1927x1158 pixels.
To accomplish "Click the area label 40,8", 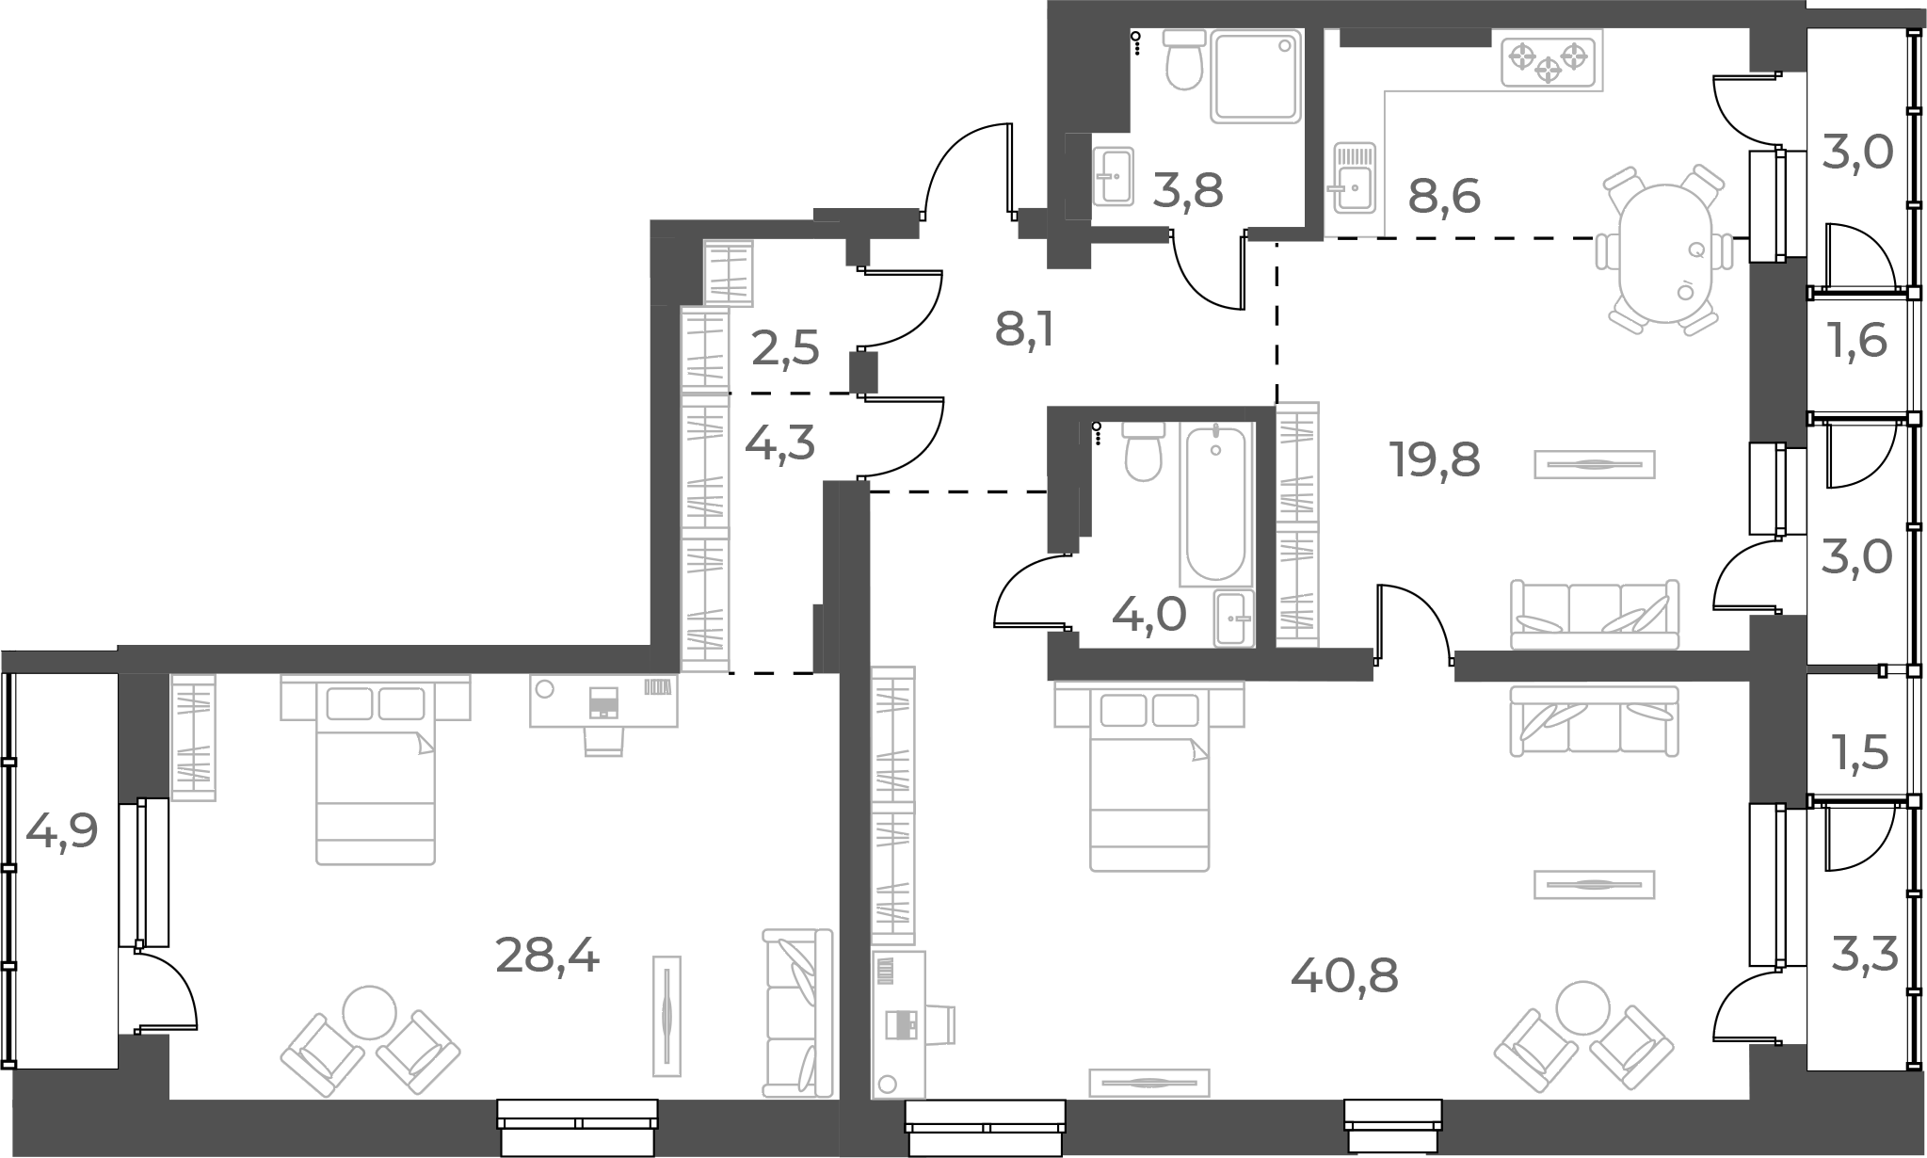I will (x=1344, y=977).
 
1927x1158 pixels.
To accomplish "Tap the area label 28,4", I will (x=547, y=957).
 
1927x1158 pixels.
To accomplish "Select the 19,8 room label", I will (x=1435, y=460).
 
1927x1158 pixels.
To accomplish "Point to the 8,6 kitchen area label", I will (x=1444, y=197).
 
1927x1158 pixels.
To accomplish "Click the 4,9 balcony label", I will (x=61, y=831).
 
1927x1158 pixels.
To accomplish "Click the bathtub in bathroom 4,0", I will (x=1215, y=504).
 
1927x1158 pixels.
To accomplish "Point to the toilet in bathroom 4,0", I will (x=1144, y=452).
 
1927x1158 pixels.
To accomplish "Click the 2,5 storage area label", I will (x=785, y=349).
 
